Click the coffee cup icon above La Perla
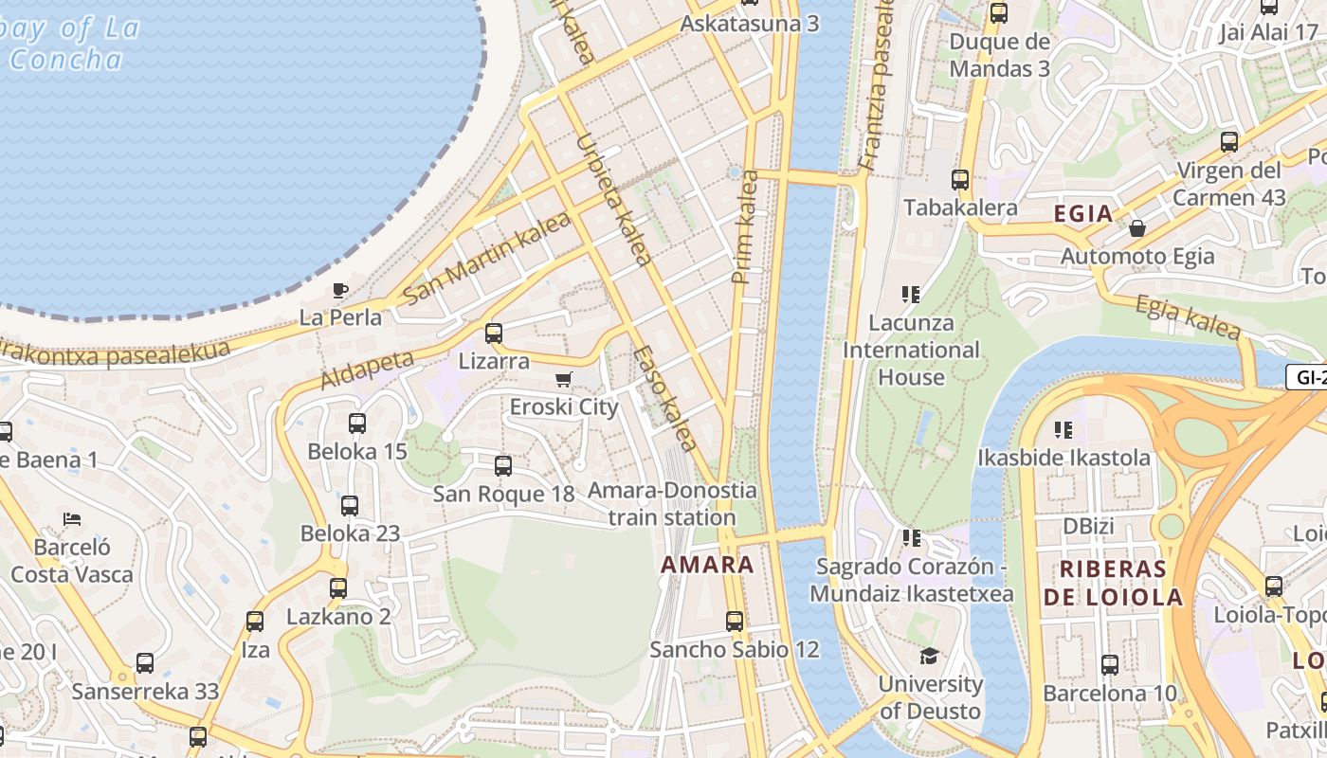(339, 290)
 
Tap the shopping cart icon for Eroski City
(564, 380)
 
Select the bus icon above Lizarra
(494, 334)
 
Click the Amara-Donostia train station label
(672, 504)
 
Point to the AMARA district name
(707, 565)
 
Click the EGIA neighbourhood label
(1083, 213)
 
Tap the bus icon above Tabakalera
(960, 180)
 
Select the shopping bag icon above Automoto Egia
(1136, 228)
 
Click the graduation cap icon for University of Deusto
(929, 656)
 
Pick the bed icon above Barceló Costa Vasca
(72, 518)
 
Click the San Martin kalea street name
(487, 258)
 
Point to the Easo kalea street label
(665, 399)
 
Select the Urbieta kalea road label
(613, 200)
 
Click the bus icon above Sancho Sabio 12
(735, 622)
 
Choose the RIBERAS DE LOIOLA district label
(1113, 583)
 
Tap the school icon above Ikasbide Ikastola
(1063, 430)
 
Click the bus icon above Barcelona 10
(1110, 665)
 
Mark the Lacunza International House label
(911, 350)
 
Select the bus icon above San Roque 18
(503, 466)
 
